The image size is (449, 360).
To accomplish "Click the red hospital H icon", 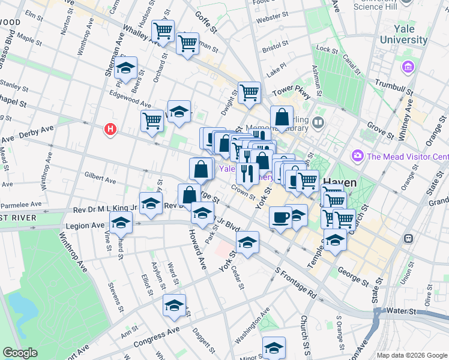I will [x=110, y=129].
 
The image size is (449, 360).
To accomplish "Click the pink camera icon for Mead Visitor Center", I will [x=358, y=156].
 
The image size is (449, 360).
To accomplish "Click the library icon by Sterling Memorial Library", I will [x=318, y=124].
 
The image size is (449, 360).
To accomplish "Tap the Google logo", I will [x=20, y=353].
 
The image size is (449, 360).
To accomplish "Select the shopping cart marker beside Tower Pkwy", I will [x=249, y=92].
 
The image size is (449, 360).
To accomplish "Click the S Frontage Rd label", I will [x=296, y=284].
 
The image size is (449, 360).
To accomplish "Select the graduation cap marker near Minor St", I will [x=274, y=347].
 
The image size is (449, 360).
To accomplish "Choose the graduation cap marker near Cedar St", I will [x=247, y=242].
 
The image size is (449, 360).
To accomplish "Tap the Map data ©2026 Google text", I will [x=411, y=355].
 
